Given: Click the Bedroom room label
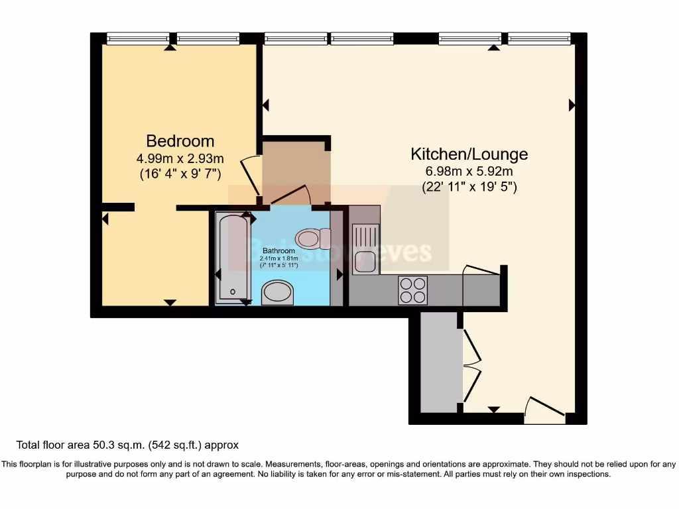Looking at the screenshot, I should point(180,141).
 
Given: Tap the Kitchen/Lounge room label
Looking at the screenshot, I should point(469,154).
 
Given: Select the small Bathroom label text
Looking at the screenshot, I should point(278,251).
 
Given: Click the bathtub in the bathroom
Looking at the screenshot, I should point(232,257).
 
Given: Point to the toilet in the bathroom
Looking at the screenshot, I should point(313,238).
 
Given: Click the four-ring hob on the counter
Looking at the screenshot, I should point(412,290).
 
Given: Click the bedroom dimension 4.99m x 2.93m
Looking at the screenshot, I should point(180,158).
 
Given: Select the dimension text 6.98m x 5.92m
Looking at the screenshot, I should point(469,172).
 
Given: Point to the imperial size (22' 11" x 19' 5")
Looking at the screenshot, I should point(469,187).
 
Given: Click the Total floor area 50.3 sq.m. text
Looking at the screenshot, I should point(127,445).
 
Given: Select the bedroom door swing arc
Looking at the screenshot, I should point(250,174).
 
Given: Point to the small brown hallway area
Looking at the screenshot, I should point(294,171).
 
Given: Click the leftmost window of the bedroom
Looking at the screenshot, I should point(138,38).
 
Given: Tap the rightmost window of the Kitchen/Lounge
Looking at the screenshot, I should point(540,38).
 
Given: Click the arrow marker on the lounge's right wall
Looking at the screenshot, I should point(572,105).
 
